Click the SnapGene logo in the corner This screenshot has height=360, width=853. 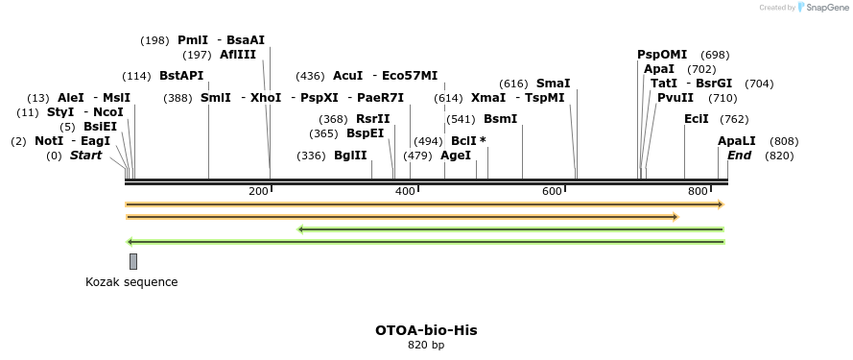tap(824, 7)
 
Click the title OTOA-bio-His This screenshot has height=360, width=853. tap(426, 330)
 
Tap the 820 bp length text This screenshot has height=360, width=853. tap(426, 345)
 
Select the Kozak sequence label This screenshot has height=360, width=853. tap(131, 282)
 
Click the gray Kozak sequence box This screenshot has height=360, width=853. tap(133, 261)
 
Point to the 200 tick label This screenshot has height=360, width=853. tap(258, 192)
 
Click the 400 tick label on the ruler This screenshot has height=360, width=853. tap(404, 192)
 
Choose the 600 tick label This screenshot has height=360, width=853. tap(551, 192)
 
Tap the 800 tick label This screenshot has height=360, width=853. tap(698, 192)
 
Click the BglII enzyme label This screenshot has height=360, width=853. tap(350, 156)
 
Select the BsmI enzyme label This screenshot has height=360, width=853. tap(500, 119)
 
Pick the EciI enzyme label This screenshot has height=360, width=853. tap(697, 119)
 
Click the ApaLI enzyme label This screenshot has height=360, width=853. tap(737, 141)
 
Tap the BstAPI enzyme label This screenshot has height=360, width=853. tap(181, 76)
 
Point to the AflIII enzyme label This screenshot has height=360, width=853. tap(238, 55)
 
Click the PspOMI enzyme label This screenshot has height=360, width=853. tap(662, 55)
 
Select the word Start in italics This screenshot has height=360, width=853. tap(85, 156)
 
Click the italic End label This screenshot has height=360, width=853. tap(739, 156)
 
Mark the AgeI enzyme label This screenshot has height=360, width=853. tap(456, 156)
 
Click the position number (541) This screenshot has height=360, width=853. tap(462, 119)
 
